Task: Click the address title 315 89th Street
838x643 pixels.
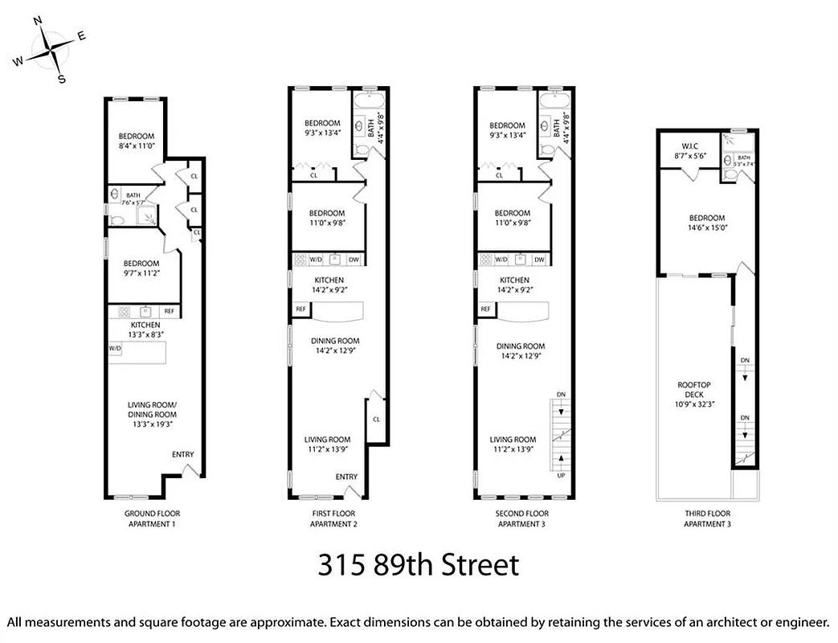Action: [418, 565]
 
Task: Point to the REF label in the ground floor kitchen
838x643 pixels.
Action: [169, 311]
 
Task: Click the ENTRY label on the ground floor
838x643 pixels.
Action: [182, 455]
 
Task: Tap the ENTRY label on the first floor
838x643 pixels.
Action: [346, 477]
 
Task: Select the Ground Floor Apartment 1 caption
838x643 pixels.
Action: [152, 518]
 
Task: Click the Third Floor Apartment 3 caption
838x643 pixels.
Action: [707, 518]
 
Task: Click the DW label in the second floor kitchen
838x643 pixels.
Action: [539, 260]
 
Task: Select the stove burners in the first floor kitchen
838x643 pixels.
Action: [300, 260]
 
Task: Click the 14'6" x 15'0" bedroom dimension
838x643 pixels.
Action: [707, 228]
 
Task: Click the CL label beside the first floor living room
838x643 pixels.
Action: [376, 419]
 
